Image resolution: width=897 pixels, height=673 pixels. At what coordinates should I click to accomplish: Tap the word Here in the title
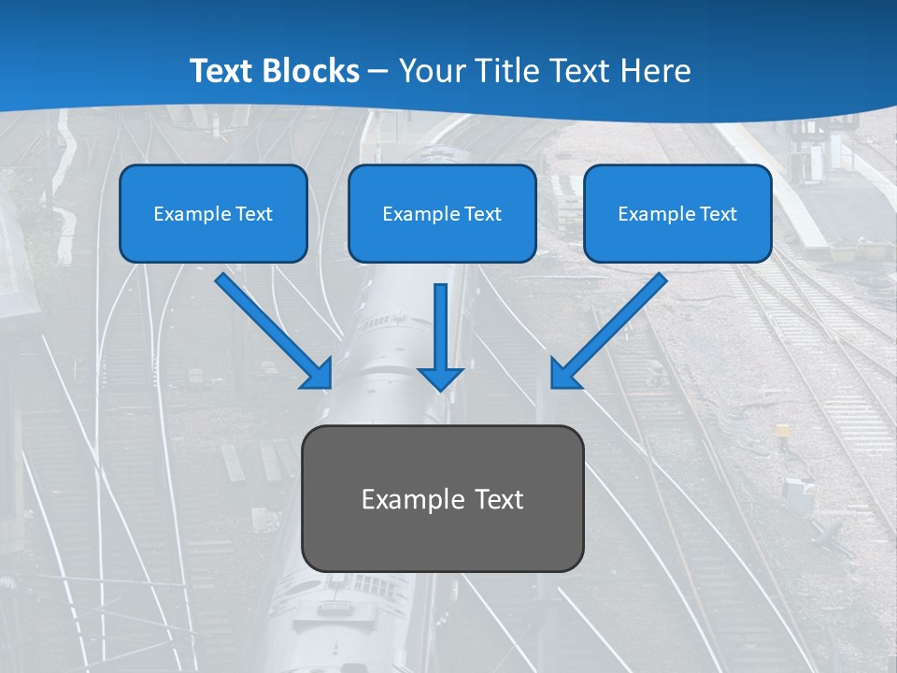point(655,71)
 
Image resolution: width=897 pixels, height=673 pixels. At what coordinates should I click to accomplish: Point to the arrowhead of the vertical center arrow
point(440,378)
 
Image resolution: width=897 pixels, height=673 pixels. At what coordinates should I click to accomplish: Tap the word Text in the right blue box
point(718,214)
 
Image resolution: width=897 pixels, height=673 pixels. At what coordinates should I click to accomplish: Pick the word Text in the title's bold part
point(222,71)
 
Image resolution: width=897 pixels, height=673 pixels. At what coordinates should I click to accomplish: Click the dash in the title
point(378,72)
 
